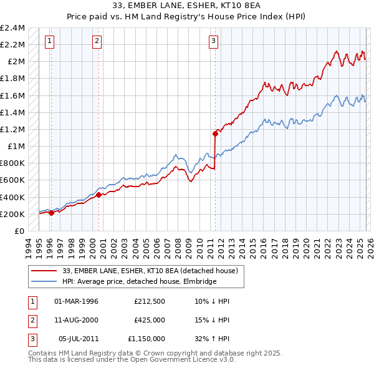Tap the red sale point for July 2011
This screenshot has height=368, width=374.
[216, 133]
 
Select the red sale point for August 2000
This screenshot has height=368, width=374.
[99, 195]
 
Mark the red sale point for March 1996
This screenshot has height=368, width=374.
[51, 213]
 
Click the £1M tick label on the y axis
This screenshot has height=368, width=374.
[16, 146]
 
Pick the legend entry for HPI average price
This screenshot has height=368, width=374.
[139, 282]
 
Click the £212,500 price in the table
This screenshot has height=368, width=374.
[150, 301]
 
